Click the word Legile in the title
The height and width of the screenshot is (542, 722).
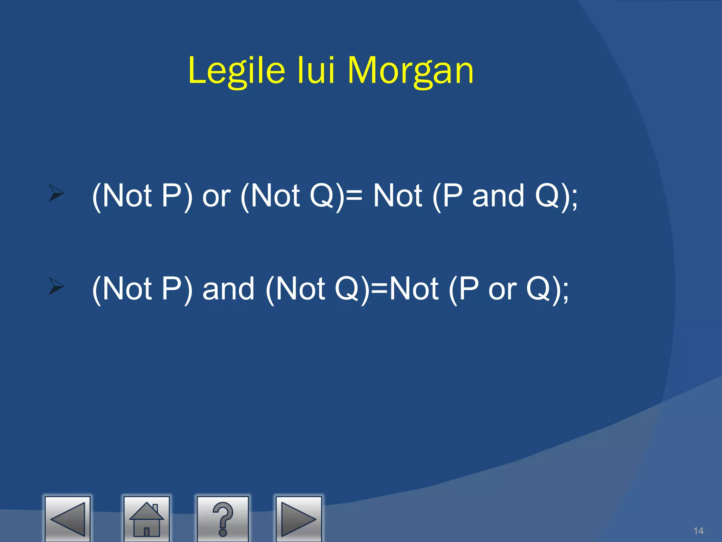pyautogui.click(x=237, y=71)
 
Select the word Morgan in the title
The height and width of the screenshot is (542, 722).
pyautogui.click(x=410, y=71)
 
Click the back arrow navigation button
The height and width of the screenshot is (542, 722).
pyautogui.click(x=68, y=519)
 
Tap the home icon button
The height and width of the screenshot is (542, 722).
pyautogui.click(x=147, y=519)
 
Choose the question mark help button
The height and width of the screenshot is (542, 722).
pyautogui.click(x=223, y=519)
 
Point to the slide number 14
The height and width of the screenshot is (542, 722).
pyautogui.click(x=698, y=531)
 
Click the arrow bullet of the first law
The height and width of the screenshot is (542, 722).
pyautogui.click(x=56, y=193)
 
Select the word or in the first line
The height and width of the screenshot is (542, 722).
pyautogui.click(x=216, y=196)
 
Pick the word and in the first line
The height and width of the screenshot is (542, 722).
pyautogui.click(x=498, y=196)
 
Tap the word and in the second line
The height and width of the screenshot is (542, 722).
pyautogui.click(x=228, y=289)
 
